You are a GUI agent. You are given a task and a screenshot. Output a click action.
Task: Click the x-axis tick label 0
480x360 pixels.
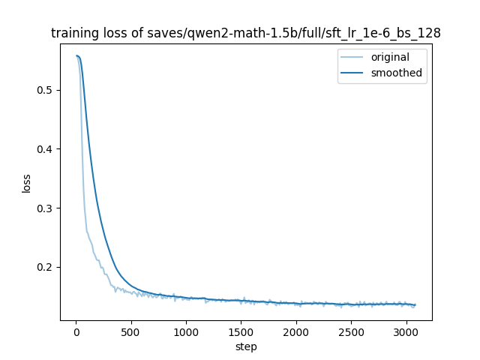point(76,332)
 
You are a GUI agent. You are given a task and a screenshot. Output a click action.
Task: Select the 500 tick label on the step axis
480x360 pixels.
point(130,332)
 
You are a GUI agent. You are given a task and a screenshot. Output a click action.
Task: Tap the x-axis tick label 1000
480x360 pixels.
point(185,332)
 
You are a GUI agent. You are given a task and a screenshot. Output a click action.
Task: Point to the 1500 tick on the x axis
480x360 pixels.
point(241,332)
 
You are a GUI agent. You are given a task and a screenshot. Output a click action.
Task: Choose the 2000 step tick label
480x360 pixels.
point(295,332)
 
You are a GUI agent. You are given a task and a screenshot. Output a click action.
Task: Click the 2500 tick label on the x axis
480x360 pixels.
point(350,332)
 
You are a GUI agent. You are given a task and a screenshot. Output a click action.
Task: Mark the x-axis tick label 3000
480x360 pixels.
point(405,332)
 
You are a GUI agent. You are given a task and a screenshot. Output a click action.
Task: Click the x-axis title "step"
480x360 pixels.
point(246,346)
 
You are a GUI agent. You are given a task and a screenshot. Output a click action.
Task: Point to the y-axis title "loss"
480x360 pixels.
point(26,183)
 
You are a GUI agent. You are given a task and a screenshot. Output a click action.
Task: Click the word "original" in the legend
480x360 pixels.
point(390,58)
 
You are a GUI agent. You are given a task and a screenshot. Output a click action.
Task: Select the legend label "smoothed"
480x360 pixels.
point(396,73)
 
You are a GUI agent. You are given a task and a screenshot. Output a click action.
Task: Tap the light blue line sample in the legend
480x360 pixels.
point(353,58)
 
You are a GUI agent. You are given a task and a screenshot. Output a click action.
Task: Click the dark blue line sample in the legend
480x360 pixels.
point(353,73)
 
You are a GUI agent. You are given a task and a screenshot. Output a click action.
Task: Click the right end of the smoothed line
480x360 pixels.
point(415,305)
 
